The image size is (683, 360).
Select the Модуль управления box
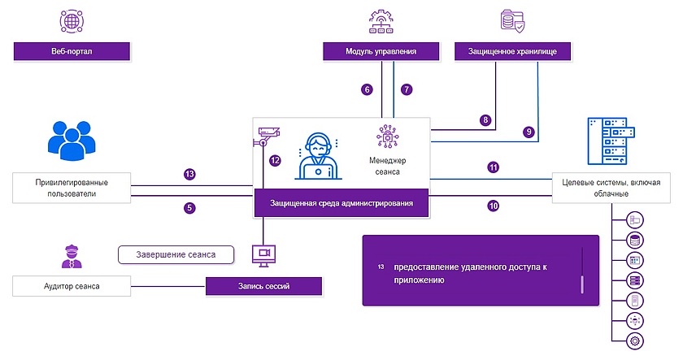click(381, 51)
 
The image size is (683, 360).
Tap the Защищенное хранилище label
click(512, 51)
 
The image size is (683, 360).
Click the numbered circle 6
click(368, 89)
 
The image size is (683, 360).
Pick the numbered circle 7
click(407, 89)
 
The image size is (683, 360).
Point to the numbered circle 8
click(486, 120)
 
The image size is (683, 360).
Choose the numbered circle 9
click(529, 131)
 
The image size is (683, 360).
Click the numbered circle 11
click(493, 167)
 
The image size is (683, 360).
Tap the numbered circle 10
click(493, 206)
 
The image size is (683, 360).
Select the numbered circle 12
click(275, 161)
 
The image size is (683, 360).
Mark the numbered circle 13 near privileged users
click(189, 174)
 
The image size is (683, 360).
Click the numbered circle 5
click(189, 208)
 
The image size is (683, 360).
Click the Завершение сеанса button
click(175, 254)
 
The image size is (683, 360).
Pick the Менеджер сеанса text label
click(387, 165)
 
